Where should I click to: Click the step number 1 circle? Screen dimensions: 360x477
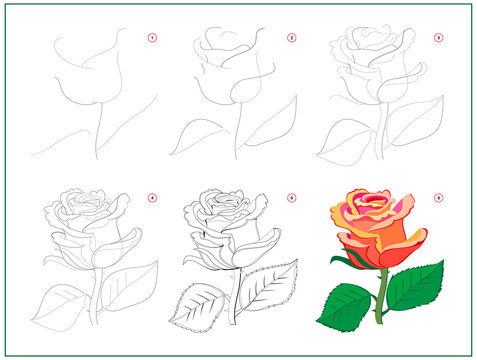152,39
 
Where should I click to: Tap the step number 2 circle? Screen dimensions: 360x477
291,39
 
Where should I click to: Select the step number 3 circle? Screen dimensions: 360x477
437,39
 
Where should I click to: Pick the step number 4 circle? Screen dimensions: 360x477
152,198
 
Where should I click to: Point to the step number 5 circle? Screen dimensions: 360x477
291,198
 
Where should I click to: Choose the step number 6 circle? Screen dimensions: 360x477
437,198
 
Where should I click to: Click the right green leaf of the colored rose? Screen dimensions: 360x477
414,285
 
